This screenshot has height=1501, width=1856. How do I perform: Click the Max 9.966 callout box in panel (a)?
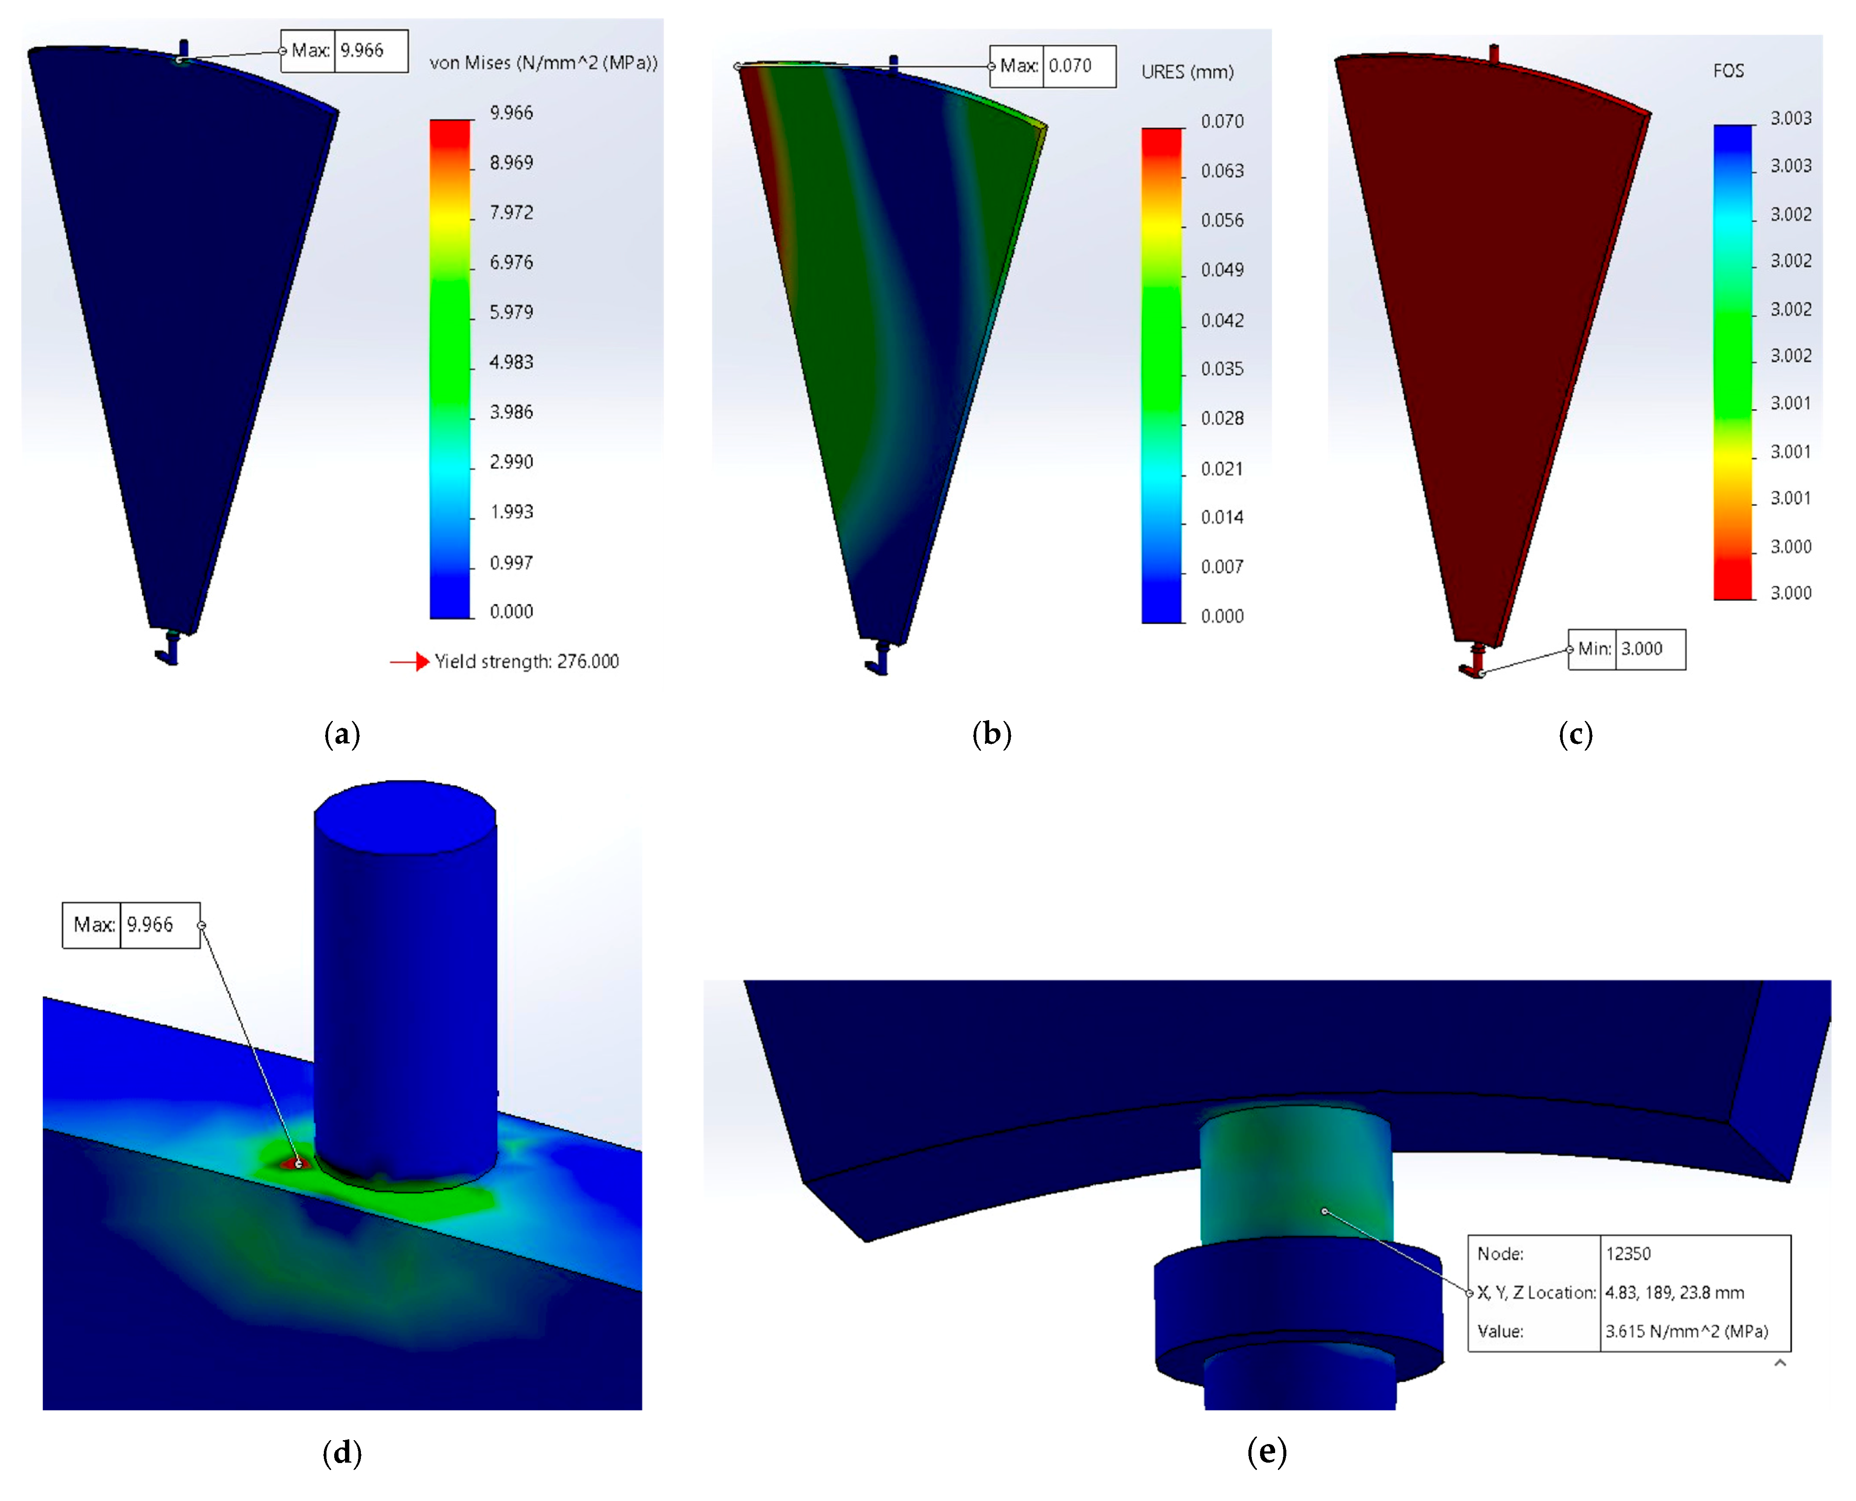pyautogui.click(x=344, y=51)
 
